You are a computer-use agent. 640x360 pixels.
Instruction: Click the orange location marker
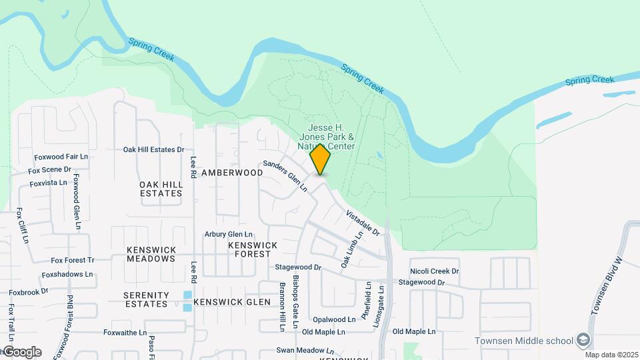pyautogui.click(x=320, y=159)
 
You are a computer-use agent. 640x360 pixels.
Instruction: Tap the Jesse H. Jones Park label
pyautogui.click(x=331, y=137)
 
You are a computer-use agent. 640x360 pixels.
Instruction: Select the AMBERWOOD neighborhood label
pyautogui.click(x=232, y=172)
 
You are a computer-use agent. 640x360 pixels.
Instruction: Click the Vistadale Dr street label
pyautogui.click(x=363, y=223)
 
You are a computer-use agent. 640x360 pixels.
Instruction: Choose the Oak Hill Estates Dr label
pyautogui.click(x=153, y=149)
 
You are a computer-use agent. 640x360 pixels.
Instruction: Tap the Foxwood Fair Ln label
pyautogui.click(x=61, y=157)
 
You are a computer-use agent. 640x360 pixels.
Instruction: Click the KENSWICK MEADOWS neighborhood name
pyautogui.click(x=151, y=254)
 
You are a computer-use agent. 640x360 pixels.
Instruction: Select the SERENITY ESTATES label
pyautogui.click(x=145, y=299)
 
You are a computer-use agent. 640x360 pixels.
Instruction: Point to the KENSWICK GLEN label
pyautogui.click(x=232, y=302)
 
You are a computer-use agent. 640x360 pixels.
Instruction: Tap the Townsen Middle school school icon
pyautogui.click(x=583, y=340)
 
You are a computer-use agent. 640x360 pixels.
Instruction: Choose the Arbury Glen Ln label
pyautogui.click(x=229, y=235)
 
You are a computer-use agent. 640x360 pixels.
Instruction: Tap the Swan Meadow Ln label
pyautogui.click(x=305, y=350)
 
